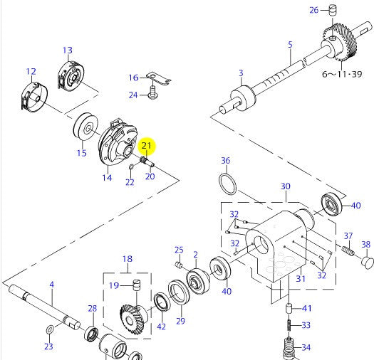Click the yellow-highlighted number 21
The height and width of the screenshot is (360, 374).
tap(147, 147)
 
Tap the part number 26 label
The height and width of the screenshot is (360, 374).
tap(314, 9)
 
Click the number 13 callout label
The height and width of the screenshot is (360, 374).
tap(67, 51)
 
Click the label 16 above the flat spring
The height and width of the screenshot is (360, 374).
tap(133, 78)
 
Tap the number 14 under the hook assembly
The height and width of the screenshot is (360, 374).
tap(106, 177)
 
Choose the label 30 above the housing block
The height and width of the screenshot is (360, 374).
tap(285, 186)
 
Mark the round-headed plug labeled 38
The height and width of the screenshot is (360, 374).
tap(366, 261)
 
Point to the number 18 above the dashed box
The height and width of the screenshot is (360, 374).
tap(128, 260)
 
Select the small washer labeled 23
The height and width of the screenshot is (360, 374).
tap(48, 330)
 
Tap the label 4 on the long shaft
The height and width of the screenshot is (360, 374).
tap(51, 285)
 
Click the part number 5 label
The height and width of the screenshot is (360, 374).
tap(290, 45)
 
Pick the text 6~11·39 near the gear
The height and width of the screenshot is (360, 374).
tap(344, 73)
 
